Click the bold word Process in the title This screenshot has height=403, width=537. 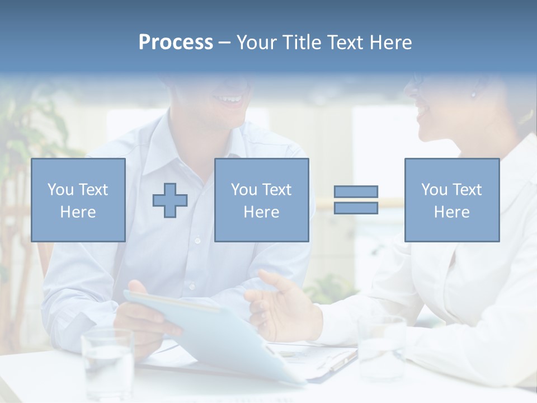click(x=176, y=42)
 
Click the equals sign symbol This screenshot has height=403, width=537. click(x=356, y=200)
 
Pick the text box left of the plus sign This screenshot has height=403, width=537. click(x=78, y=200)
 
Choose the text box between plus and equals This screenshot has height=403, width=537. click(x=261, y=200)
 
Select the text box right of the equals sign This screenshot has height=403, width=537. click(x=451, y=200)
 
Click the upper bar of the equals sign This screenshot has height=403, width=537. click(x=356, y=192)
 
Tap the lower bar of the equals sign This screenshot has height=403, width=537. click(x=356, y=208)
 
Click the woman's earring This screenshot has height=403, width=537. click(x=473, y=93)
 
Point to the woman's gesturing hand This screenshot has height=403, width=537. click(x=280, y=302)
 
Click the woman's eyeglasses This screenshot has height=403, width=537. click(x=415, y=78)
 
